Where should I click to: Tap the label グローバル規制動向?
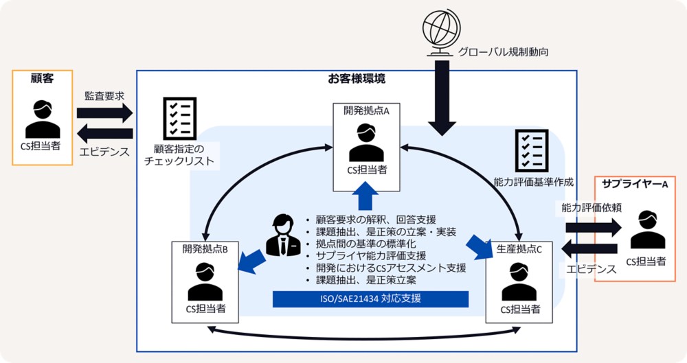click(503, 51)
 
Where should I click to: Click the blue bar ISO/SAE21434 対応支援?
click(370, 299)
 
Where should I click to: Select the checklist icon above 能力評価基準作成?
click(532, 149)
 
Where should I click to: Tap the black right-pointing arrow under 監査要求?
click(104, 113)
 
